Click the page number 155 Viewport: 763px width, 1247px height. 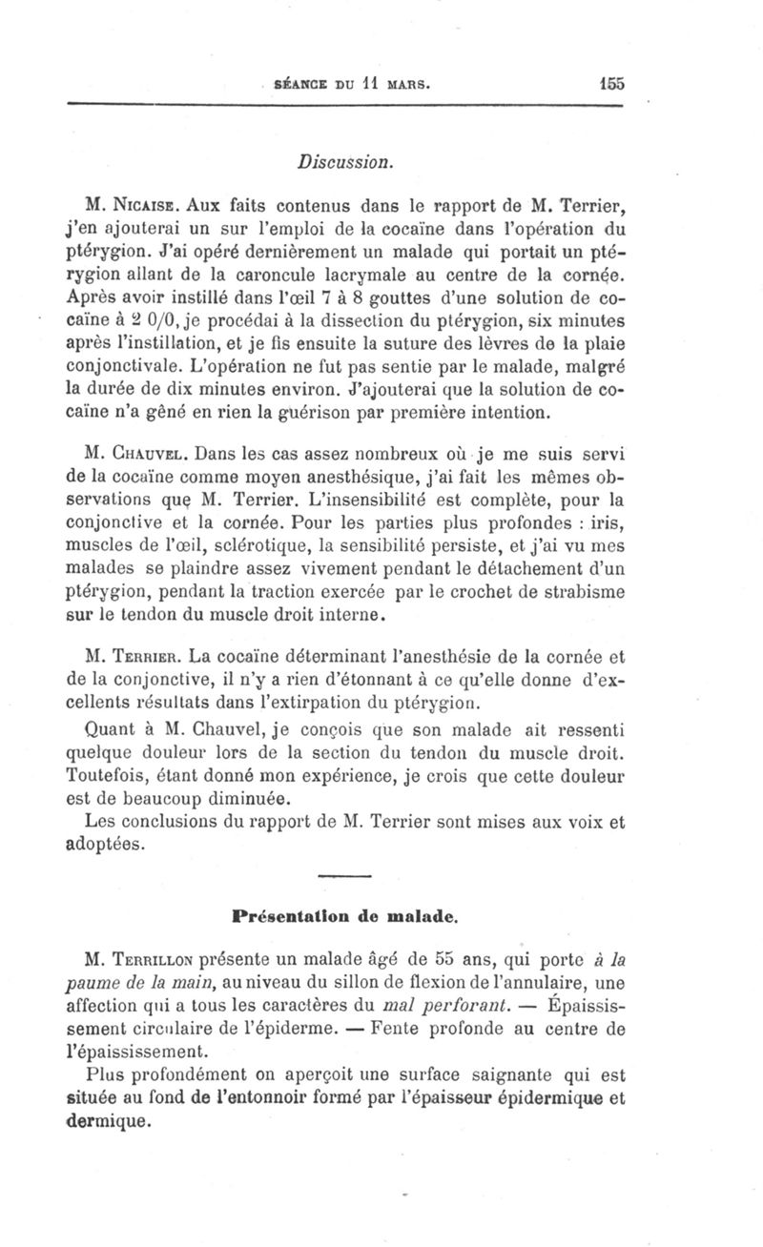[606, 83]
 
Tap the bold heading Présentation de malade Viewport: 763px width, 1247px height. [346, 920]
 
